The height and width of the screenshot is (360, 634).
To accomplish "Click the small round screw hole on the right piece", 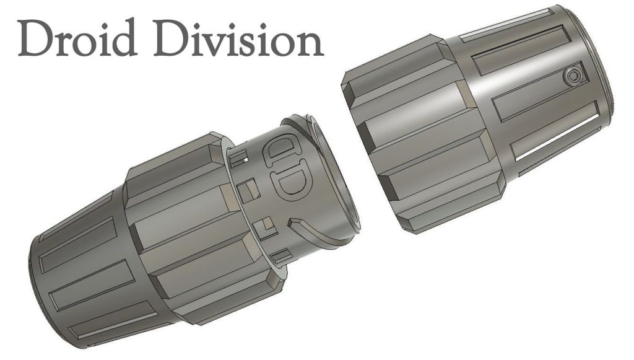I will point(575,77).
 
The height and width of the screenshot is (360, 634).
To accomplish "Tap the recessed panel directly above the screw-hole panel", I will point(517,53).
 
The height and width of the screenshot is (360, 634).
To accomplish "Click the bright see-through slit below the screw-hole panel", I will point(557,141).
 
